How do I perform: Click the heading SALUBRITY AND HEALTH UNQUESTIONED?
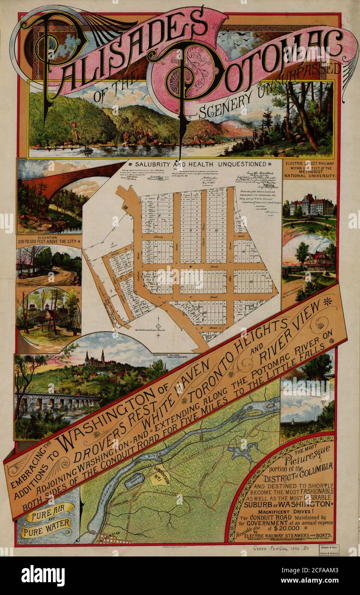pyautogui.click(x=200, y=164)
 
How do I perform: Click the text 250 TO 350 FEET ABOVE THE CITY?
pyautogui.click(x=49, y=241)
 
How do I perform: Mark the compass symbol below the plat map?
pyautogui.click(x=159, y=321)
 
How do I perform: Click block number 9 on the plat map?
pyautogui.click(x=190, y=230)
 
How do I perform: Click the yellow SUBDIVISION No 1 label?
pyautogui.click(x=159, y=474)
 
